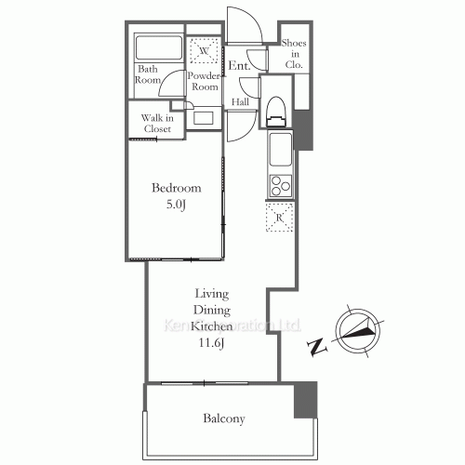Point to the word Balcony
pyautogui.click(x=223, y=418)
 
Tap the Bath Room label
pyautogui.click(x=150, y=74)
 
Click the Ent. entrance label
pyautogui.click(x=238, y=65)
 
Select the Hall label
pyautogui.click(x=239, y=102)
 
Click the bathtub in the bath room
pyautogui.click(x=159, y=48)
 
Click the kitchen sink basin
pyautogui.click(x=280, y=147)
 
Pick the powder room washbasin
pyautogui.click(x=205, y=118)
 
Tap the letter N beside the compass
pyautogui.click(x=317, y=348)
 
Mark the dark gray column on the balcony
pyautogui.click(x=305, y=398)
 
